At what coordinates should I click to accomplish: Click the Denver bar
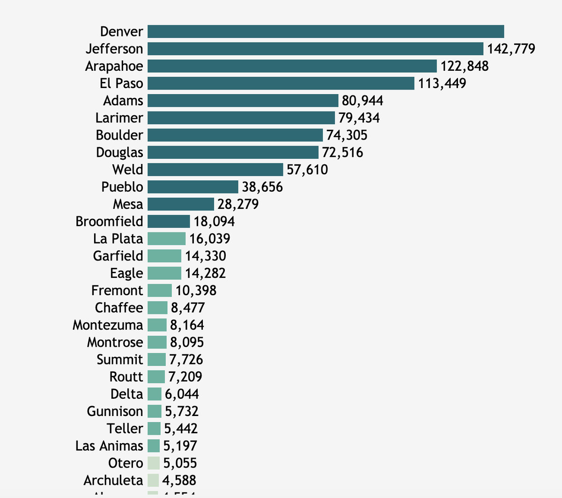[325, 31]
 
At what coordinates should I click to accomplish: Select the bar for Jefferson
[315, 49]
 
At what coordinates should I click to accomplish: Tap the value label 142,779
[511, 49]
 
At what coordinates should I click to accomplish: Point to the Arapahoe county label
[114, 66]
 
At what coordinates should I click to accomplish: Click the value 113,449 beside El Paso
[442, 83]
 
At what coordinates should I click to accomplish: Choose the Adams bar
[243, 101]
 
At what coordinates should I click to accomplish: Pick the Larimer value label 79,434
[359, 118]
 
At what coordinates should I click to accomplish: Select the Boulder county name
[119, 135]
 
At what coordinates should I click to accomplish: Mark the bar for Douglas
[233, 152]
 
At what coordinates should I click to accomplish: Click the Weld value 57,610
[307, 170]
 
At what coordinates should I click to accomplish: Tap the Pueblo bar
[192, 187]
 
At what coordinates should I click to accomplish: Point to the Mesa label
[128, 204]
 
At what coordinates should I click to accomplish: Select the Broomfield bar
[169, 222]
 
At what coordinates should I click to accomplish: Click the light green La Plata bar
[166, 238]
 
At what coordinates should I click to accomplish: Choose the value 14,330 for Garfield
[205, 256]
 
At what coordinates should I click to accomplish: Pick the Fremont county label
[117, 290]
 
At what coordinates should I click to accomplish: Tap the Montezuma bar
[157, 325]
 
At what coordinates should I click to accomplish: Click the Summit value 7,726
[186, 360]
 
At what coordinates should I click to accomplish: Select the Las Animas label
[109, 446]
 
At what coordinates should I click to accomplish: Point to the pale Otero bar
[153, 463]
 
